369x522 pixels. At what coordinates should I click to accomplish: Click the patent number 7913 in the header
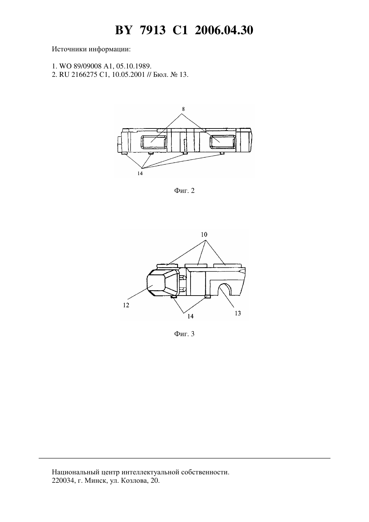(153, 30)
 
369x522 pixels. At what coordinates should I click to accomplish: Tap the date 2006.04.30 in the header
(224, 30)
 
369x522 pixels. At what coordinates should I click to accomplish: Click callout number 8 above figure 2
(183, 109)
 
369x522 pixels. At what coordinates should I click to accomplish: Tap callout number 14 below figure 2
(140, 173)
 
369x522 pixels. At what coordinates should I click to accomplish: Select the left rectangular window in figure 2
(154, 142)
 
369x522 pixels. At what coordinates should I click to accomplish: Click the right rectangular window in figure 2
(223, 142)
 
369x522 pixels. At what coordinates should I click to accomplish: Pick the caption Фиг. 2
(184, 191)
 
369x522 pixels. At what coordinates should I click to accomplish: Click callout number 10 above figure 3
(204, 234)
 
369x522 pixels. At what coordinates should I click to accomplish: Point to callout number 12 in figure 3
(126, 305)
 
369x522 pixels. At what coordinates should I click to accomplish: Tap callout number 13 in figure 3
(238, 313)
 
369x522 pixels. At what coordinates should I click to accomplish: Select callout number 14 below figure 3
(191, 316)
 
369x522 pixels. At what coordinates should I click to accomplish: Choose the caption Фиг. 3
(184, 334)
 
